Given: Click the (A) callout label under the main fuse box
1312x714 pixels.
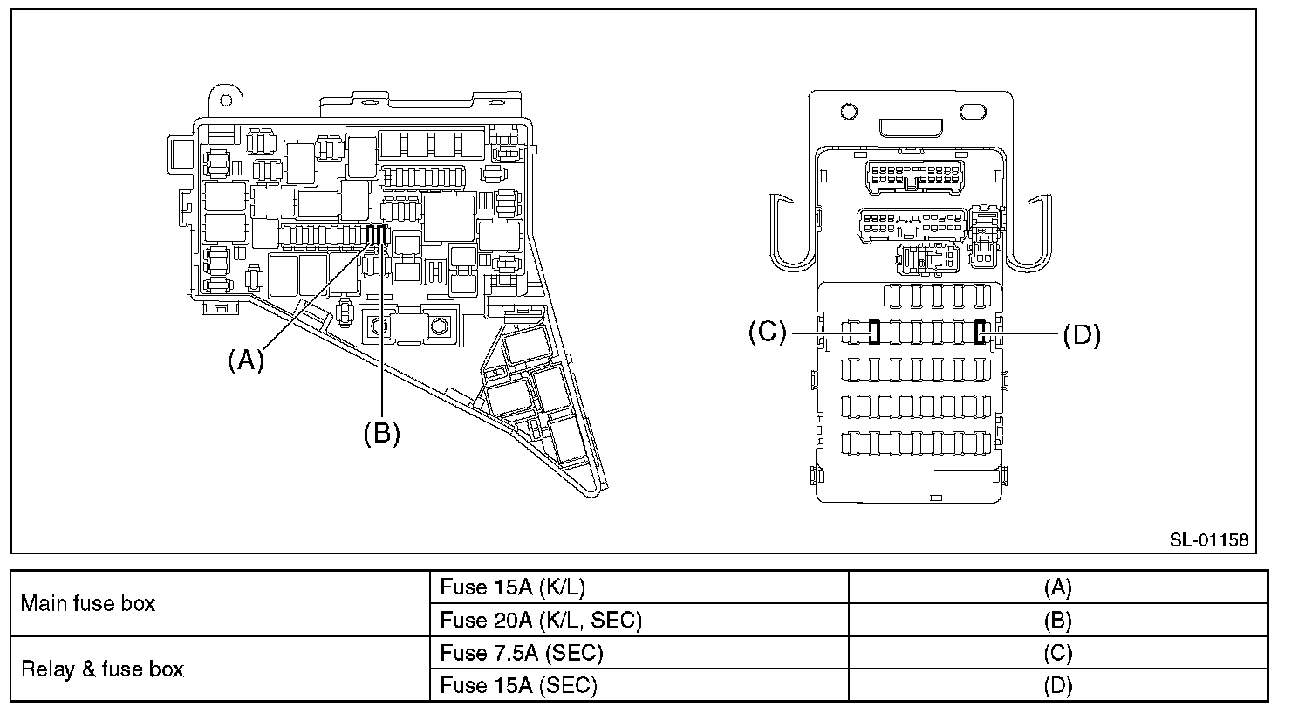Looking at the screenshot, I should coord(245,360).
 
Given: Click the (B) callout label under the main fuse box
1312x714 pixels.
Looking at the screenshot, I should coord(381,433).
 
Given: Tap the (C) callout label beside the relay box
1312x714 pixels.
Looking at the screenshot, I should coord(768,333).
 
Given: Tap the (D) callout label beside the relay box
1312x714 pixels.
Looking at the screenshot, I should coord(1082,335).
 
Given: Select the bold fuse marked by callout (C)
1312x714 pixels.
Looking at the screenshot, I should coord(873,333).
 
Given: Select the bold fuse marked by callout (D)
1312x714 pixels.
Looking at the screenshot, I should coord(980,333).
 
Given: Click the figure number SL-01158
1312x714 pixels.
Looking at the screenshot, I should coord(1208,540).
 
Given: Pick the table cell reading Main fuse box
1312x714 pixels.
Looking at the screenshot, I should coord(87,603).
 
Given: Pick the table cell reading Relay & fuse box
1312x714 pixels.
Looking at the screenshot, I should coord(102,669).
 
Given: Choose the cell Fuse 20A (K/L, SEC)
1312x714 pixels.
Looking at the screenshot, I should coord(541,620).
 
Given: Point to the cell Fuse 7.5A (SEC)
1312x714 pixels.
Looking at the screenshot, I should coord(522,653).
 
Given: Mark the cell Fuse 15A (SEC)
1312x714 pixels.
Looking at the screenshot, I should coord(518,686).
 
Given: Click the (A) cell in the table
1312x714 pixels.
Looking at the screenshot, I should coord(1057,587).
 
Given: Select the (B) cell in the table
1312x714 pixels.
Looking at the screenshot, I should coord(1057,620).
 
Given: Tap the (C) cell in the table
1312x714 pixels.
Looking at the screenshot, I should coord(1057,653).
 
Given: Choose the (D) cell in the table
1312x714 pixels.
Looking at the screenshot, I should coord(1057,686).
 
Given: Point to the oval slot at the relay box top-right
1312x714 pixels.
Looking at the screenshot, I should coord(971,112).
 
